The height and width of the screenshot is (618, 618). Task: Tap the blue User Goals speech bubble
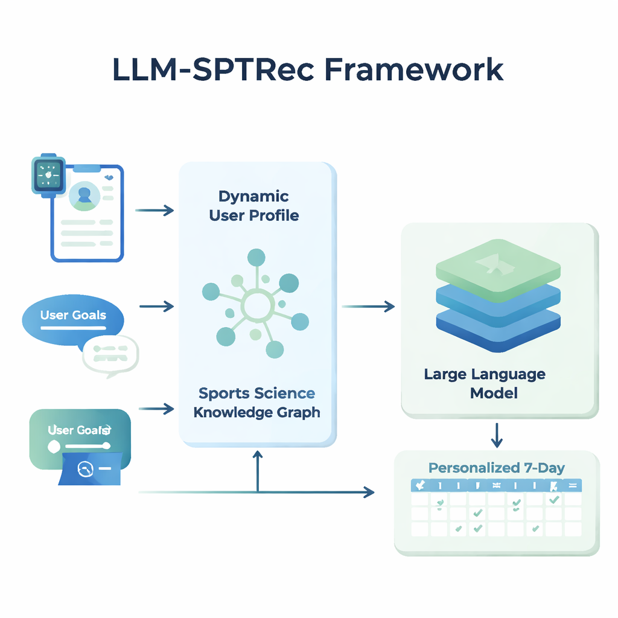click(72, 318)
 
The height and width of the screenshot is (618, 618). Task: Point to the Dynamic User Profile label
click(253, 206)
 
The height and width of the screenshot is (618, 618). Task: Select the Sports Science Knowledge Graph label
click(256, 403)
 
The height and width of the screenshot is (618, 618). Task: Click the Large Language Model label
click(485, 383)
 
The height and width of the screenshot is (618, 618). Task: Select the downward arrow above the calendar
click(496, 435)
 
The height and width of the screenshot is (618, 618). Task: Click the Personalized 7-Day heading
click(496, 468)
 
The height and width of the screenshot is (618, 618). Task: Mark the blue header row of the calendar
click(495, 485)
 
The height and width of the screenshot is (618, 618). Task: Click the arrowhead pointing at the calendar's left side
click(368, 492)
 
